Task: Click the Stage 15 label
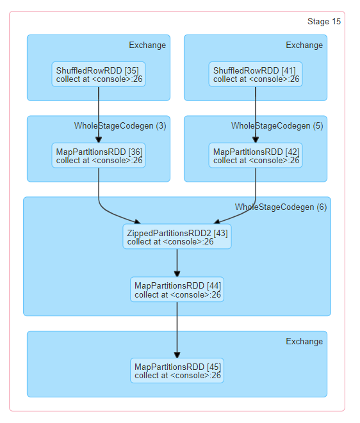point(323,22)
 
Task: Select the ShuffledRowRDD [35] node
point(98,74)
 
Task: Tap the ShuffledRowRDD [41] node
point(255,74)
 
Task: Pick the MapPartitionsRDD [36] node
point(98,156)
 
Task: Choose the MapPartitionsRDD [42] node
point(255,156)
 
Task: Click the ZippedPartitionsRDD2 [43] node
point(177,237)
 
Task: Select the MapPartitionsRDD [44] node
point(177,290)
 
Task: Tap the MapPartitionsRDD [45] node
point(177,371)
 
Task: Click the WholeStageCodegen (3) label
point(120,126)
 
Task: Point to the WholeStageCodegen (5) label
point(277,126)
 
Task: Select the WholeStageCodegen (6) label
point(281,207)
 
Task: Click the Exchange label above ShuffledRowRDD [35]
point(147,45)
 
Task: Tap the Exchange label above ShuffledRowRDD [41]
point(304,45)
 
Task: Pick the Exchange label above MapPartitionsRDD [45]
point(304,342)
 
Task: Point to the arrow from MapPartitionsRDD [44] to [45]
point(177,330)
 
